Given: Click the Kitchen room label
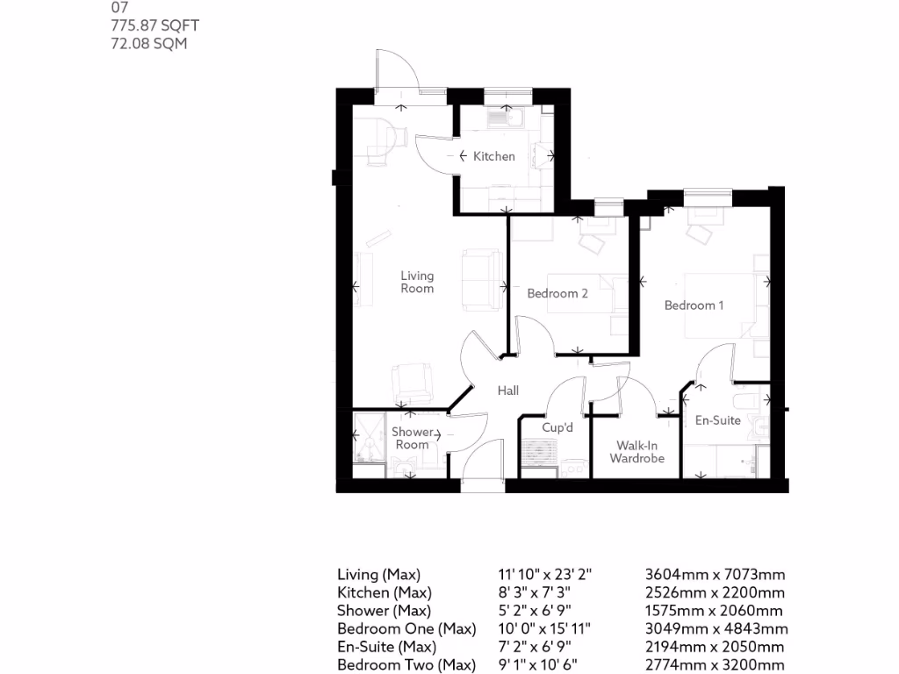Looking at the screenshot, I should point(493,156).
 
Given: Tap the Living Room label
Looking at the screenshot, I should point(417,282).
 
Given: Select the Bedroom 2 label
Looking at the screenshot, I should point(557,293).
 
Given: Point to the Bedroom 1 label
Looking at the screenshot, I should point(694,305).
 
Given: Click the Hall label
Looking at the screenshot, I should point(508,391).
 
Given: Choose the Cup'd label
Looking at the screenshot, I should point(557,427).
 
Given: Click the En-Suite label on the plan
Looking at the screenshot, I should point(717,420).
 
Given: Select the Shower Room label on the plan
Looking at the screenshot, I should point(413,438).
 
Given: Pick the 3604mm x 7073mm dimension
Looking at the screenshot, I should point(715,575).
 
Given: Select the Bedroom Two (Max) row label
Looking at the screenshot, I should point(406,665).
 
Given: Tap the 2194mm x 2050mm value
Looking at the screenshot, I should point(715,647).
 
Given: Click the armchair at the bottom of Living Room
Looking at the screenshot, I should point(411,381).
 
